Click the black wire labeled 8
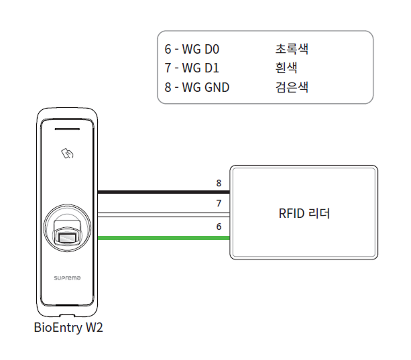[164, 192]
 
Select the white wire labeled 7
[164, 215]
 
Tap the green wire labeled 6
[164, 238]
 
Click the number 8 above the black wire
[219, 183]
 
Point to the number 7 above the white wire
[219, 203]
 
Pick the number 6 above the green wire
[219, 227]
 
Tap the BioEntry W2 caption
[68, 328]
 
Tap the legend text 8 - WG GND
[196, 87]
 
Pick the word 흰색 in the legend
[286, 68]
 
